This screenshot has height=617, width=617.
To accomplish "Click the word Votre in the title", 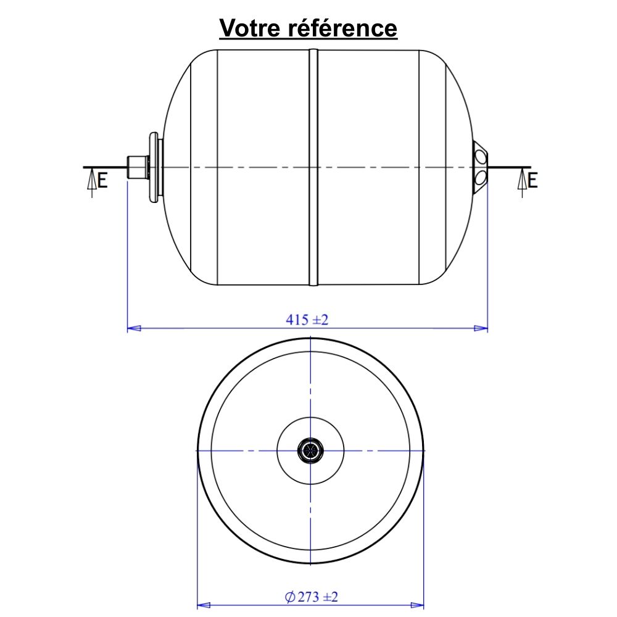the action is (x=249, y=28).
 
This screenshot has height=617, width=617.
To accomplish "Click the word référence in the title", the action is (x=342, y=28).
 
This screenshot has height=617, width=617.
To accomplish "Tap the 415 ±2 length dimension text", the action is (x=307, y=320).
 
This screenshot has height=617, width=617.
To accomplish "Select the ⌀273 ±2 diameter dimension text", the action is (x=311, y=597).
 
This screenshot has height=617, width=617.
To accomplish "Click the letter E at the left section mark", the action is (x=102, y=181).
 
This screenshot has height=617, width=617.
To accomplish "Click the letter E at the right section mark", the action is (x=532, y=181).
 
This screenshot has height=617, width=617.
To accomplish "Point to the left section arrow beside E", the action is (x=92, y=183).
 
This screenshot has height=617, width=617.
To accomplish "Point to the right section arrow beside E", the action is (x=522, y=183).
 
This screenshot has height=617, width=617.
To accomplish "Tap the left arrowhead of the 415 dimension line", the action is (x=134, y=328).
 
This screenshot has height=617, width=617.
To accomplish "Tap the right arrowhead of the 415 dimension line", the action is (x=481, y=328).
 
